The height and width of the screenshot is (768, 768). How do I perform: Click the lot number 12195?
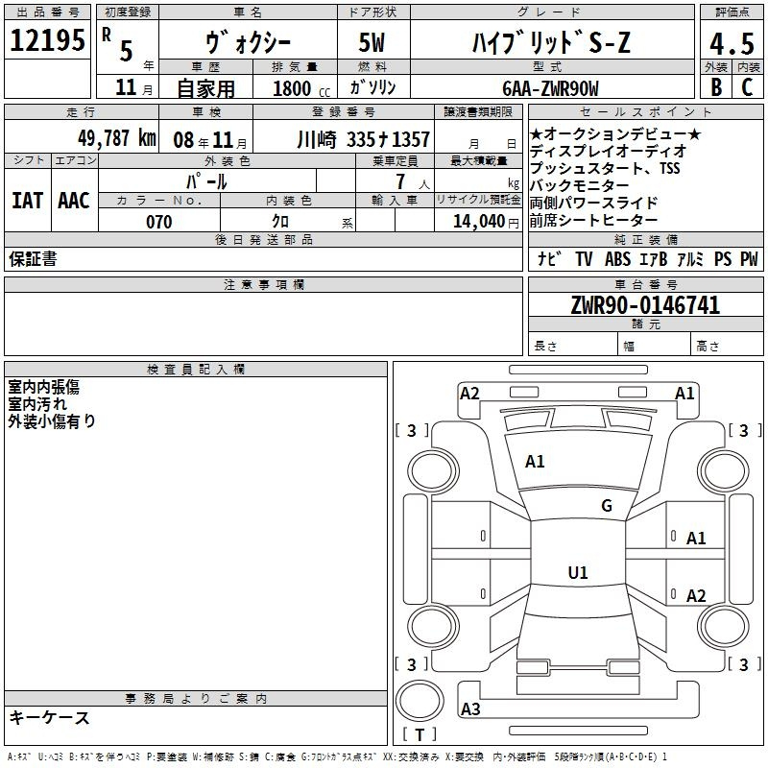(x=48, y=40)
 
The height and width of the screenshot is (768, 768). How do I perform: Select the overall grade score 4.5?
(x=730, y=43)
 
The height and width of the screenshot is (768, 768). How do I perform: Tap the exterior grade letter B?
(x=715, y=85)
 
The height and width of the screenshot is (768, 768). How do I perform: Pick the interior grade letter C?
(x=747, y=85)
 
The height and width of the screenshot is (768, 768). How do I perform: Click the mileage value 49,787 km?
(x=116, y=137)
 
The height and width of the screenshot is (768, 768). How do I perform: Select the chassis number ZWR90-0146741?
(x=645, y=305)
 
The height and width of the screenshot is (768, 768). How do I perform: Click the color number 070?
(x=158, y=222)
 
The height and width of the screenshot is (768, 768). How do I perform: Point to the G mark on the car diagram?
(x=606, y=506)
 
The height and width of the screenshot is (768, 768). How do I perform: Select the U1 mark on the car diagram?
(x=578, y=573)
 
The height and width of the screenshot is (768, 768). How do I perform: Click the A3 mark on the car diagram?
(x=470, y=709)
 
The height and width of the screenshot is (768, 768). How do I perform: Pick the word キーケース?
(x=49, y=717)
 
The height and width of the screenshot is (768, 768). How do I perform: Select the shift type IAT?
(x=27, y=200)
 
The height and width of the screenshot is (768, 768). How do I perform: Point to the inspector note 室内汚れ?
(x=38, y=404)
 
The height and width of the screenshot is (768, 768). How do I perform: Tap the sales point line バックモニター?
(x=580, y=185)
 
